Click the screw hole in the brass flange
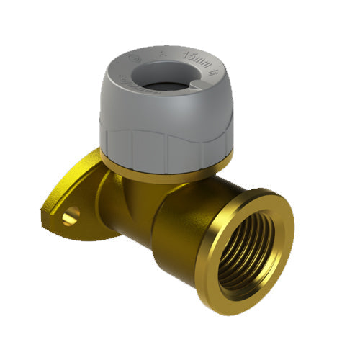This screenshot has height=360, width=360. tap(71, 215)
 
